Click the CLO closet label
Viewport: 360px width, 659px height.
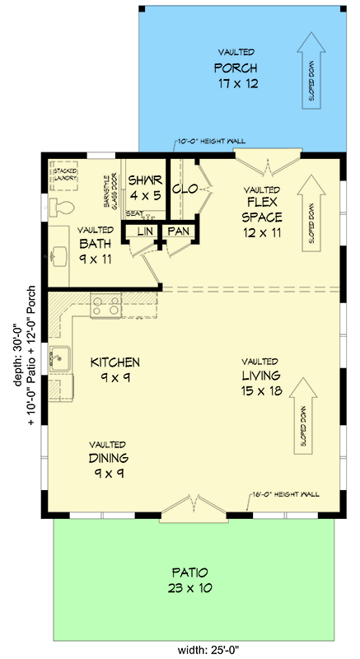(183, 189)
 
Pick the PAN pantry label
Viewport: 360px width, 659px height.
(178, 231)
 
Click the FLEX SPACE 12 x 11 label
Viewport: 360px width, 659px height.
(262, 211)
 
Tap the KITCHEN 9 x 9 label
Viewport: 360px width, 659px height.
(115, 369)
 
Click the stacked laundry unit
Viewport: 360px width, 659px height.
(64, 175)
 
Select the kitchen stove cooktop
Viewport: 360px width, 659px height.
(105, 306)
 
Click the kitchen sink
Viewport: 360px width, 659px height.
(59, 359)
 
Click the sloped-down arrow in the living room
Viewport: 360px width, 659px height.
(302, 412)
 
